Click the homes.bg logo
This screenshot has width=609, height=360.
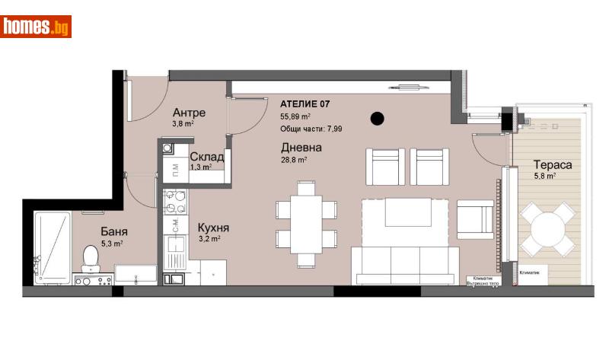(x=37, y=27)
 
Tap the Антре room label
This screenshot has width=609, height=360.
(x=189, y=113)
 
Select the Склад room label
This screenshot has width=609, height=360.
(x=206, y=157)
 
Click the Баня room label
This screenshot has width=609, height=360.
(x=113, y=231)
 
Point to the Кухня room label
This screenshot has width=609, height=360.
(x=213, y=227)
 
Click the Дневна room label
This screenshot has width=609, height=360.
(x=301, y=148)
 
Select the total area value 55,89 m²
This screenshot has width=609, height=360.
(x=295, y=116)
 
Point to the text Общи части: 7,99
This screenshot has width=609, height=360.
(x=311, y=129)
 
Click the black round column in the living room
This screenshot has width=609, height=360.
(x=377, y=118)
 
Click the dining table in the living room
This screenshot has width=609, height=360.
(x=306, y=222)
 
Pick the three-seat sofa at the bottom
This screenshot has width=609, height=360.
(x=403, y=264)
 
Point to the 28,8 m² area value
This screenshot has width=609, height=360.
(x=294, y=161)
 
